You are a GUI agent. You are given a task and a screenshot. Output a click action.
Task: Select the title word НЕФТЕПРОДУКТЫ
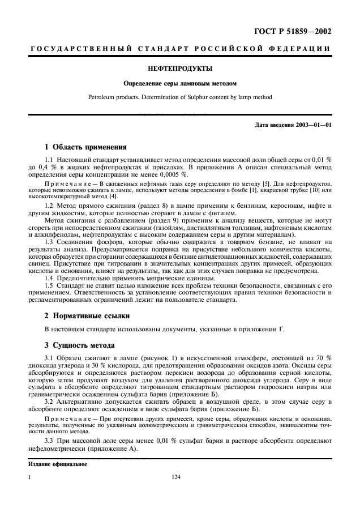coord(179,69)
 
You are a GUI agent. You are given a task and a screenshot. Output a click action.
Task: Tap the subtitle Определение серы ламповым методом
coord(179,84)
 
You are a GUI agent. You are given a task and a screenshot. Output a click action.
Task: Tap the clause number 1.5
coord(50,286)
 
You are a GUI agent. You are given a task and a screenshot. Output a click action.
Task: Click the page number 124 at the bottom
coord(175,477)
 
